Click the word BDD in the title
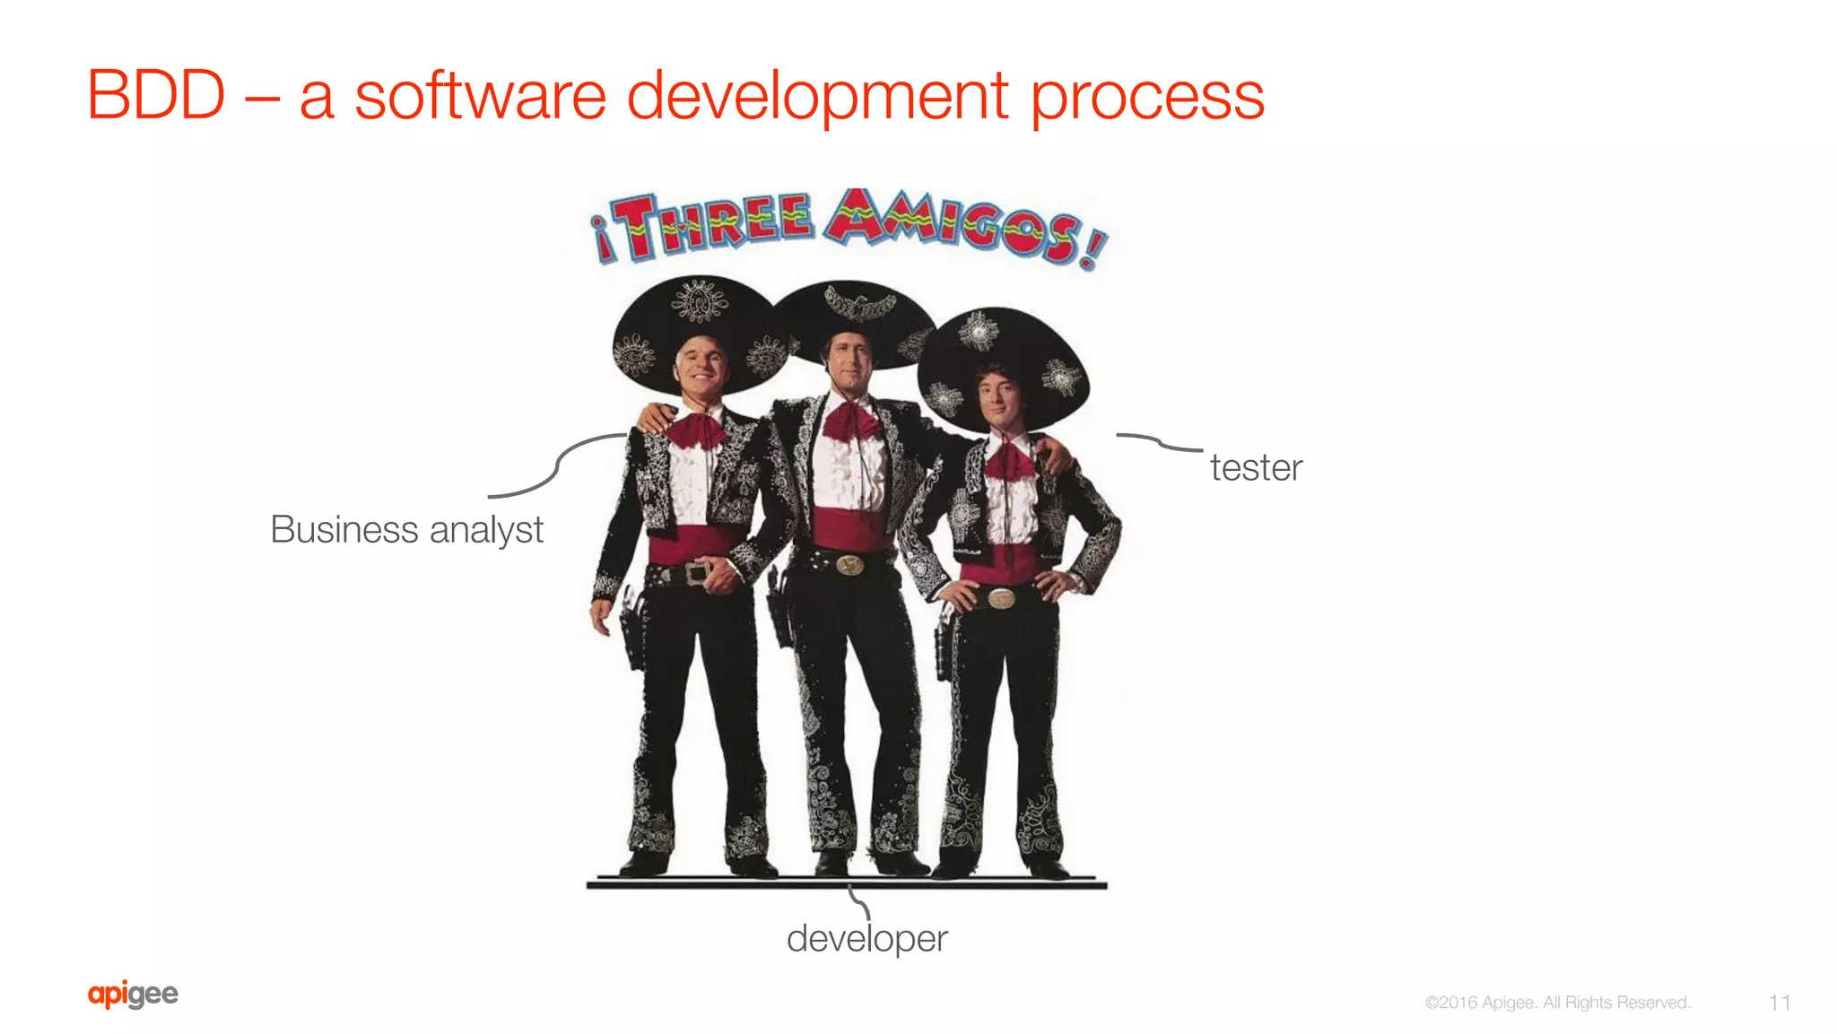(x=156, y=95)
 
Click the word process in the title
(x=1147, y=97)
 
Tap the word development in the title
(x=817, y=97)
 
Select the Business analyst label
(x=406, y=529)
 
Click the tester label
(x=1256, y=467)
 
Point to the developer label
(x=866, y=938)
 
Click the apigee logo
(x=133, y=994)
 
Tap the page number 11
(x=1780, y=1002)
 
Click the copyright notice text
(x=1557, y=1002)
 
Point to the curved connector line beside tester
(x=1159, y=442)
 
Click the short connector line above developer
(x=859, y=901)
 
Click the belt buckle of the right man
(x=1001, y=598)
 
